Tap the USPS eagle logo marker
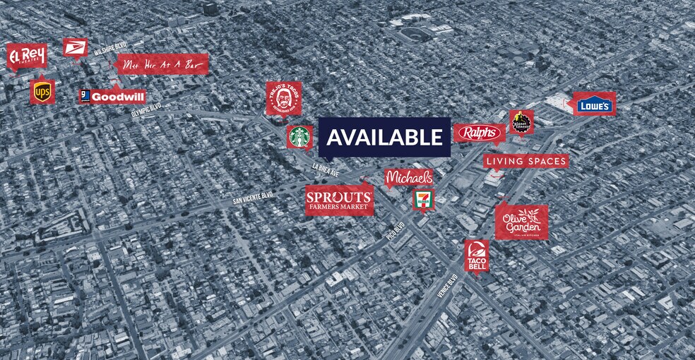point(75,48)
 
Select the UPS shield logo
point(42,91)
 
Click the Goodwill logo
point(113,96)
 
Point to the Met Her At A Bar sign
point(163,64)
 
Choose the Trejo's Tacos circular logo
point(284,98)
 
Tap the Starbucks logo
point(299,137)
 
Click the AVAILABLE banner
point(384,137)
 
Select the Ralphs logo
point(479,133)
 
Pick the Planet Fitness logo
point(522,122)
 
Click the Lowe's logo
point(594,104)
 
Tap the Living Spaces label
point(526,162)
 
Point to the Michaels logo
point(409,179)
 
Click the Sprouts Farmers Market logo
point(339,200)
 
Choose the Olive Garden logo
point(521,222)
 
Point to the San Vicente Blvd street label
point(253,199)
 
